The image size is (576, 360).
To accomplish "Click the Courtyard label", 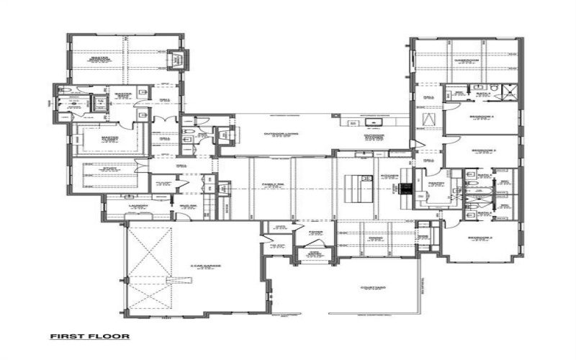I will [x=372, y=288].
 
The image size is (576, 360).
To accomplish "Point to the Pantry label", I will [x=436, y=184].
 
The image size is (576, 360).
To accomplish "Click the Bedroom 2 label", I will [x=481, y=238].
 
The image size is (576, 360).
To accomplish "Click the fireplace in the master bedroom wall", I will [x=176, y=60].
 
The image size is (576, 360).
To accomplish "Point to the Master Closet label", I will [x=109, y=139].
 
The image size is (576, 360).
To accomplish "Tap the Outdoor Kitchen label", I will [x=373, y=136].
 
